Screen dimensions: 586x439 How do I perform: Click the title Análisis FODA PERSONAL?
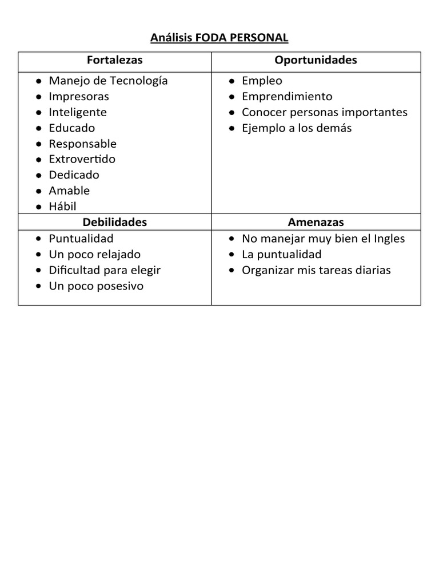click(x=219, y=38)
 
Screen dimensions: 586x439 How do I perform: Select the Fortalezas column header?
click(x=115, y=60)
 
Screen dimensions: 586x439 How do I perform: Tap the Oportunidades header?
click(x=316, y=60)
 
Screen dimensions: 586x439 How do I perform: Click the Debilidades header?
click(x=115, y=222)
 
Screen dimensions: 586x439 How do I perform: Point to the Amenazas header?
click(x=316, y=222)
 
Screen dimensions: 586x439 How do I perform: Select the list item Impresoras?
click(x=79, y=96)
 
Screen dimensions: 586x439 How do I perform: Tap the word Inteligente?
click(x=78, y=112)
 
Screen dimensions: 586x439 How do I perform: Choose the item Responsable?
click(x=82, y=144)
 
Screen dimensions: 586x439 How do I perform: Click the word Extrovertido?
click(x=82, y=159)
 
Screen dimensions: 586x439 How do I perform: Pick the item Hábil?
click(x=62, y=207)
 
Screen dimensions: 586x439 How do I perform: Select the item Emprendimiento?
click(x=287, y=96)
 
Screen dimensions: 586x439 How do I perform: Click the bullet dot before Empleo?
click(x=232, y=81)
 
